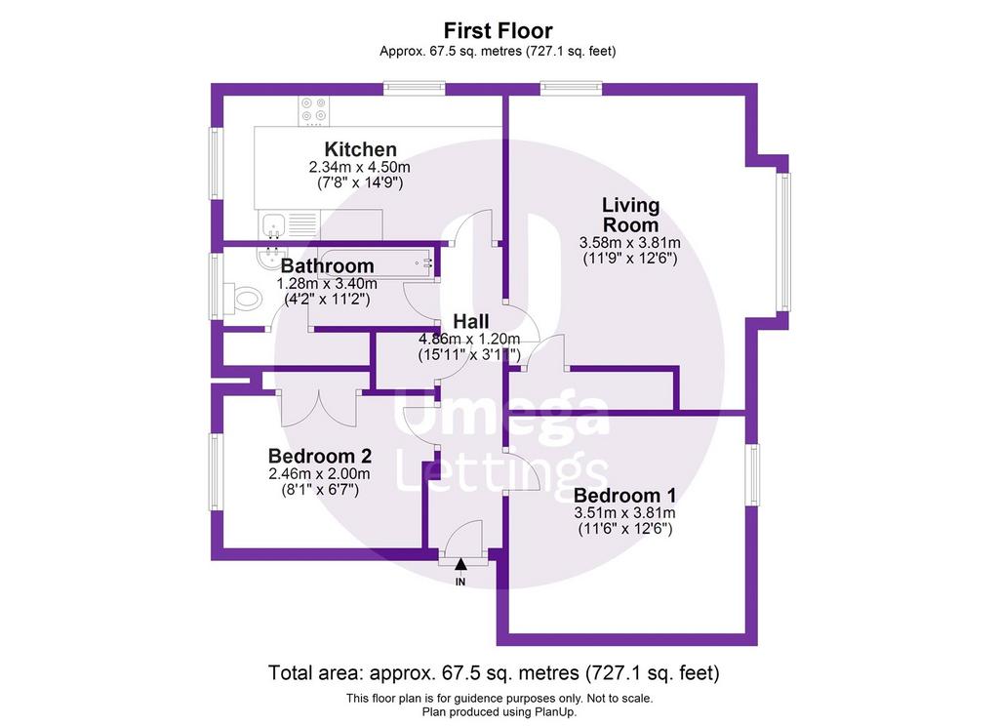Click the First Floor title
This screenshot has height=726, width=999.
[498, 30]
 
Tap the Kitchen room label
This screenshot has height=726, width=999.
[361, 149]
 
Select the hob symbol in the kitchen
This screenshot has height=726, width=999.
[314, 110]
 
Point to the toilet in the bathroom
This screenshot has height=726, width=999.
[244, 298]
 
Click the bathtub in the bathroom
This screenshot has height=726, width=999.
[376, 262]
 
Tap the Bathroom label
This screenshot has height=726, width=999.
[327, 265]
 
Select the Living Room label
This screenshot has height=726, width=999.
[631, 215]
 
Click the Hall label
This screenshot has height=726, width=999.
[471, 321]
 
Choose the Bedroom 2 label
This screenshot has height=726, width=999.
[320, 456]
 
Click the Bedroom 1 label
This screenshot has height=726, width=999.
[625, 496]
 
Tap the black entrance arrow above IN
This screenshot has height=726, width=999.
[460, 564]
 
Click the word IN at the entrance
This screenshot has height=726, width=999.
[460, 582]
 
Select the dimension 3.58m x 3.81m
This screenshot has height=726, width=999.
[629, 243]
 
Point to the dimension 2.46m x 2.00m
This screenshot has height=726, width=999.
[319, 474]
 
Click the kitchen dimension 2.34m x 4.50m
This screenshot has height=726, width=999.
[359, 167]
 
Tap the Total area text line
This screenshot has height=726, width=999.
[494, 672]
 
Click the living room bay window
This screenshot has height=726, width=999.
[783, 242]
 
